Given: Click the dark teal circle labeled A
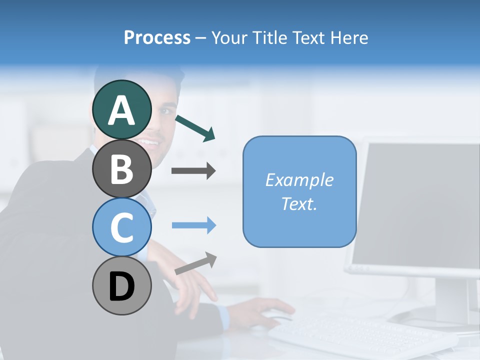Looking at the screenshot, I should pos(121,109).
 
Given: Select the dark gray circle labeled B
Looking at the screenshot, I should pos(121,168).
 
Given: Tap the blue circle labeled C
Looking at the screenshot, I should pos(121,227).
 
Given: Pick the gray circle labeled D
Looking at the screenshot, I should pos(121,286).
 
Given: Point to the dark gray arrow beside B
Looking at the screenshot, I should pos(193,171).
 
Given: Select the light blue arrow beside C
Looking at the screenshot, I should pos(193,225).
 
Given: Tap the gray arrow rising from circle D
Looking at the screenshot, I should pos(196,263).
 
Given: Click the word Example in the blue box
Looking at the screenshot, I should pos(299,180).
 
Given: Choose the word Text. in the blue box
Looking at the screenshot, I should pos(299,204).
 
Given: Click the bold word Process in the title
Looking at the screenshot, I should pos(157,38).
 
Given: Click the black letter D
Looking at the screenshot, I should pos(121,287).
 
